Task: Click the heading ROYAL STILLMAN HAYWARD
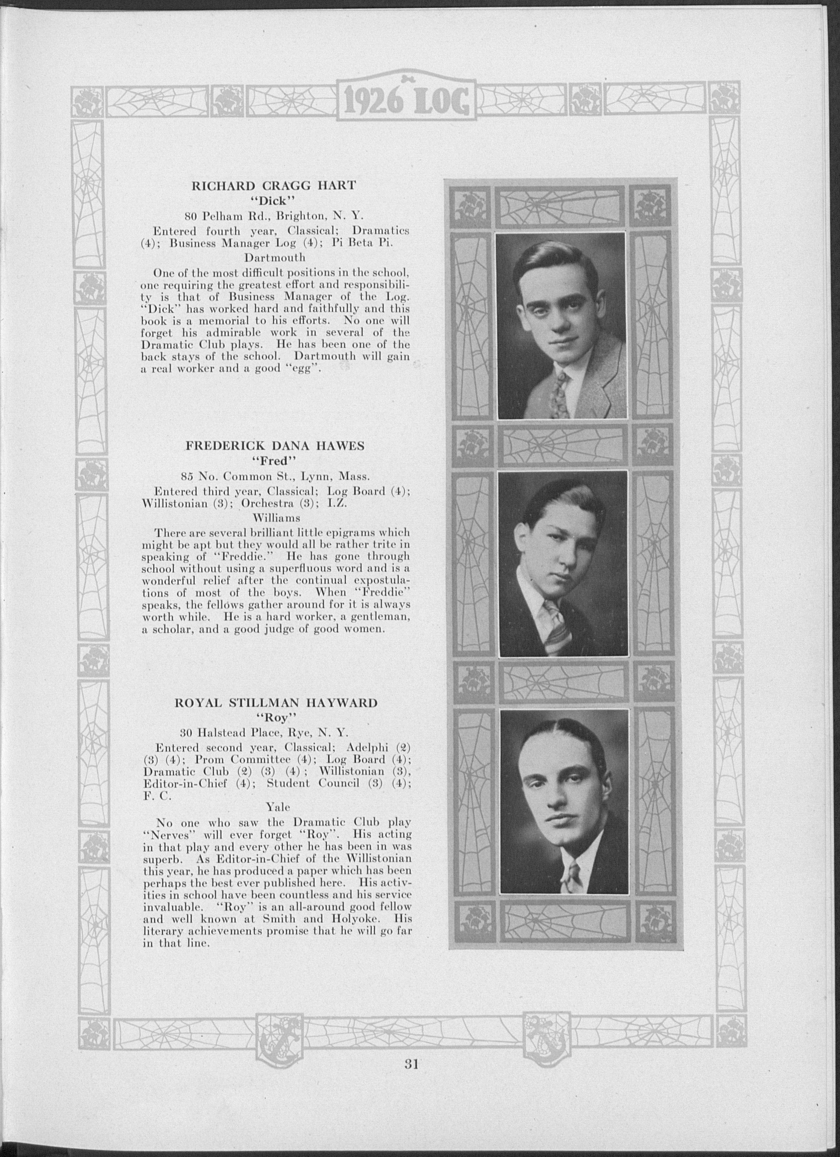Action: point(276,703)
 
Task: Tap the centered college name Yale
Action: point(278,808)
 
